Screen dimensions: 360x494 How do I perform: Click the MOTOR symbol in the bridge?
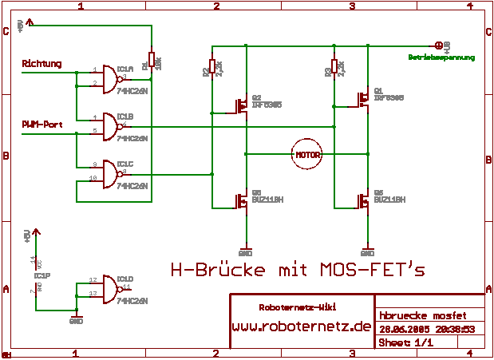click(x=307, y=154)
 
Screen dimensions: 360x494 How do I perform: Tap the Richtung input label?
click(x=41, y=64)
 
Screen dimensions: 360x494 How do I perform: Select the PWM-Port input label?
click(x=42, y=124)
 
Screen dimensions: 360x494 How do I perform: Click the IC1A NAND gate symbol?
click(x=107, y=77)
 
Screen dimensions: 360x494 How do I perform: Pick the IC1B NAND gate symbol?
click(x=107, y=125)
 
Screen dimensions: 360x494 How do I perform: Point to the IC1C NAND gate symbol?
click(x=107, y=172)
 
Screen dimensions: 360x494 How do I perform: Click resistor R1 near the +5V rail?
click(x=152, y=61)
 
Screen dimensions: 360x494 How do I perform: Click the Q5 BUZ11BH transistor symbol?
click(x=362, y=200)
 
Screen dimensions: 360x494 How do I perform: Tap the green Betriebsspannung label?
click(x=441, y=57)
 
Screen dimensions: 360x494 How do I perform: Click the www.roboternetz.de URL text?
click(x=302, y=326)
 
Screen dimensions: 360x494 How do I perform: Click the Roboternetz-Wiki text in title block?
click(x=298, y=307)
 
